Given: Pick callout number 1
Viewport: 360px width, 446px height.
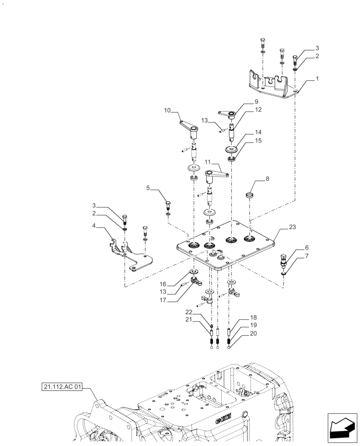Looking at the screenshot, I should point(317,78).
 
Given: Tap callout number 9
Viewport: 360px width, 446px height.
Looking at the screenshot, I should point(244,101).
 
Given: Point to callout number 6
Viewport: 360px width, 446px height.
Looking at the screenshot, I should point(294,247).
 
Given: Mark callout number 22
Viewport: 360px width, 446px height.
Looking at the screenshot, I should point(188,312).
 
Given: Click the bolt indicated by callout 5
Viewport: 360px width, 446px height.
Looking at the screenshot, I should point(168,206).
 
